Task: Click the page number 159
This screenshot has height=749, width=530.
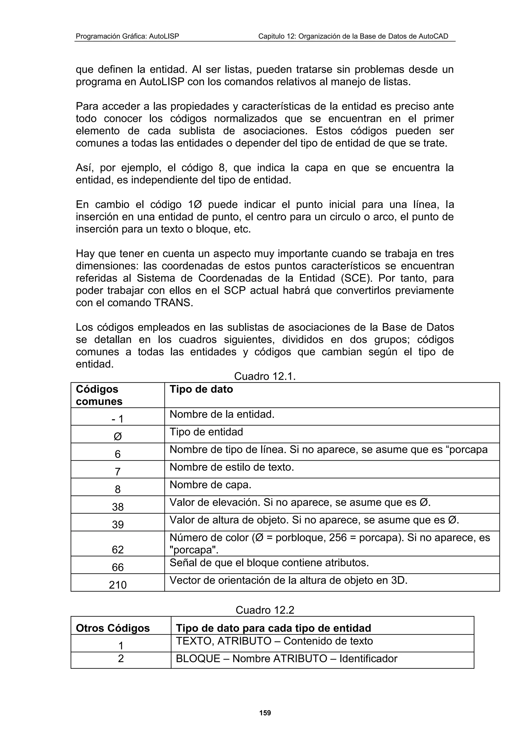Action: [265, 713]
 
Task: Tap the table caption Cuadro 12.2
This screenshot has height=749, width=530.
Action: [265, 610]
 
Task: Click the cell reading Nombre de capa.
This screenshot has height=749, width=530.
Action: [210, 485]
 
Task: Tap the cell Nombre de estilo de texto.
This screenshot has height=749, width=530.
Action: [232, 467]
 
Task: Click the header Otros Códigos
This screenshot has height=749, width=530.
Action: [113, 628]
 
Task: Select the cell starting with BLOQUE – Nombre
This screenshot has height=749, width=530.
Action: [286, 658]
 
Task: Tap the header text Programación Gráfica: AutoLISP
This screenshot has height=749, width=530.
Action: [127, 36]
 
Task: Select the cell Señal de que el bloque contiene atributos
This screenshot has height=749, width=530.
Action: [269, 563]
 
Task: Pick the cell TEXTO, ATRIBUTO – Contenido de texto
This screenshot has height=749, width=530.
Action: [274, 641]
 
